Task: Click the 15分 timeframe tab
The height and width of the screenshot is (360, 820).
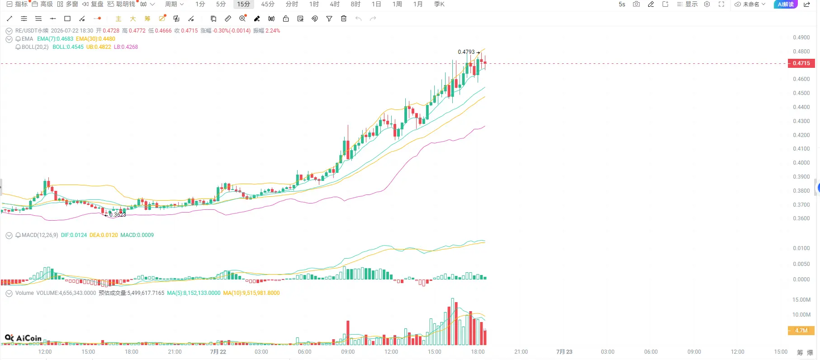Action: pyautogui.click(x=243, y=4)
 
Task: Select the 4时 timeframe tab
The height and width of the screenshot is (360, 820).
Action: pyautogui.click(x=335, y=4)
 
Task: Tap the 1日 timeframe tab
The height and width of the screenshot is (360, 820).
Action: pyautogui.click(x=376, y=4)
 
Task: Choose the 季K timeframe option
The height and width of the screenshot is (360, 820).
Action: pyautogui.click(x=439, y=4)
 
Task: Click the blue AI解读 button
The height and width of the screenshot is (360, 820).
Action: pyautogui.click(x=786, y=4)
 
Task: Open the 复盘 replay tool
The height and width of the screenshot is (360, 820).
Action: pyautogui.click(x=93, y=4)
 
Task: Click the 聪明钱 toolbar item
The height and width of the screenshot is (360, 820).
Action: pyautogui.click(x=122, y=4)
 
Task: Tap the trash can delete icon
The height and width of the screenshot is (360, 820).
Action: pyautogui.click(x=344, y=19)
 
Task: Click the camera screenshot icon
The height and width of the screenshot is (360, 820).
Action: pyautogui.click(x=636, y=4)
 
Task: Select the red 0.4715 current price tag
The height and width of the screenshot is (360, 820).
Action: pyautogui.click(x=801, y=63)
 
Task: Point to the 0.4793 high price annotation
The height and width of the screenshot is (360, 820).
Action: pyautogui.click(x=466, y=52)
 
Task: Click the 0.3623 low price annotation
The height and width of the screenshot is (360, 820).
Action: pyautogui.click(x=118, y=215)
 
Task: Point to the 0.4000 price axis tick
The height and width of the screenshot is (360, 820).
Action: pyautogui.click(x=801, y=163)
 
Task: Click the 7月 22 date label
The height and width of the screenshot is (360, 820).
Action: pyautogui.click(x=218, y=352)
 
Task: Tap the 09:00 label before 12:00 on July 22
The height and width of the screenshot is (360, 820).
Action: pyautogui.click(x=348, y=352)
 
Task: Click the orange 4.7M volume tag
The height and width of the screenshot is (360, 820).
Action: pyautogui.click(x=801, y=331)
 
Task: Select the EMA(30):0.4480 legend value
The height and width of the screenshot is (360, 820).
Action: pyautogui.click(x=95, y=39)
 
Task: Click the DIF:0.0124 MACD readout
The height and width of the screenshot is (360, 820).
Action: pyautogui.click(x=74, y=235)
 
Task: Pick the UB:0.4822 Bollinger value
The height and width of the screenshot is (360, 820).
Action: pyautogui.click(x=99, y=47)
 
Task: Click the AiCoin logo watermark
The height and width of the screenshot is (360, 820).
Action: pyautogui.click(x=23, y=338)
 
